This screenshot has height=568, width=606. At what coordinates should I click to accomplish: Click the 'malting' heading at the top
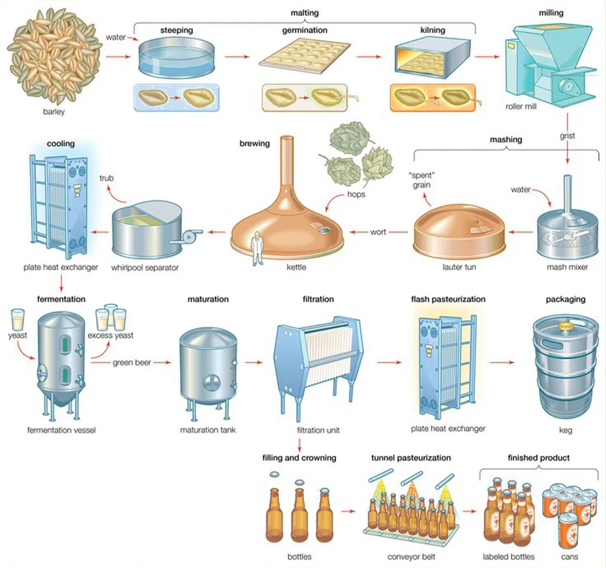[x=304, y=12]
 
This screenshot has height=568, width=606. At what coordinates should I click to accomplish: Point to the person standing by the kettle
[x=257, y=247]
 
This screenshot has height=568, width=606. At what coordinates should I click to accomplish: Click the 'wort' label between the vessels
[x=378, y=232]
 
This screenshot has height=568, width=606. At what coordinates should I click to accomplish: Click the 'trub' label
[x=106, y=178]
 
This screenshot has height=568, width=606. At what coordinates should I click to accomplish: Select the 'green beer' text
[x=131, y=363]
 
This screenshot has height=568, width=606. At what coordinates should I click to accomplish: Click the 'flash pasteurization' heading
[x=448, y=299]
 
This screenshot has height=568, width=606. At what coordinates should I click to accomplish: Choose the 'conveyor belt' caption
[x=411, y=557]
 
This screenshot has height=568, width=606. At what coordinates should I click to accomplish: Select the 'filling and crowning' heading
[x=299, y=458]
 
